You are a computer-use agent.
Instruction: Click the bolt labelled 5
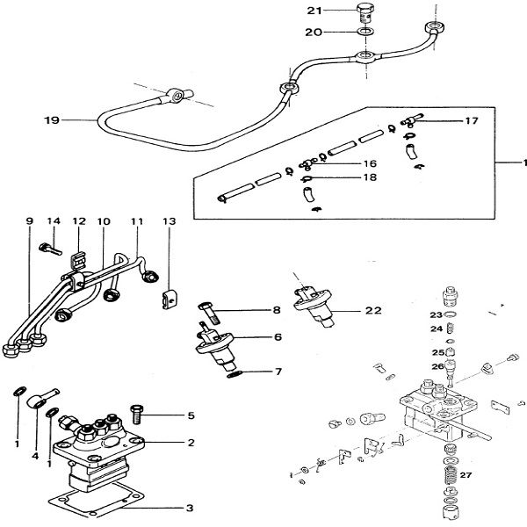(136, 412)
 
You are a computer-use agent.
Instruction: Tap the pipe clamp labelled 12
(76, 260)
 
